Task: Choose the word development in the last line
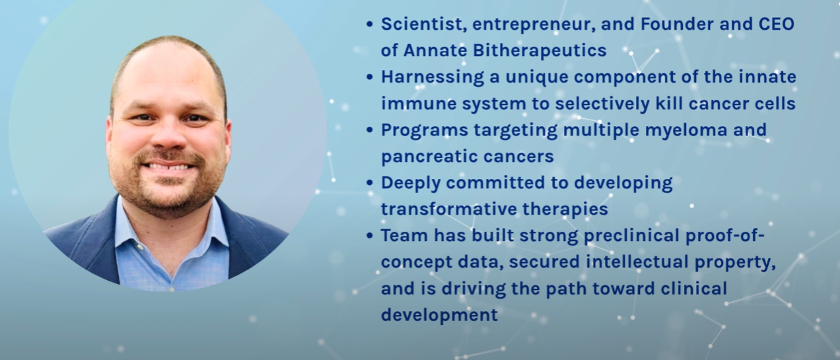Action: pyautogui.click(x=439, y=314)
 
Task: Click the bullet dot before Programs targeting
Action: pyautogui.click(x=370, y=130)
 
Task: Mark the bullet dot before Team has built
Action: pyautogui.click(x=370, y=236)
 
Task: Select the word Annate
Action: pyautogui.click(x=436, y=50)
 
